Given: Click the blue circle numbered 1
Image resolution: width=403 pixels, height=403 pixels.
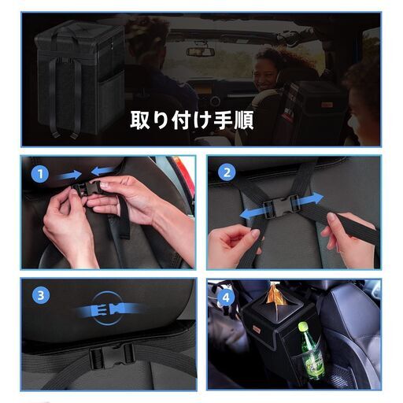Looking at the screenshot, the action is (x=40, y=174).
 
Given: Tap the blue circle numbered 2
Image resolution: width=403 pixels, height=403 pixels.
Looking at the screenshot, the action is (x=227, y=172).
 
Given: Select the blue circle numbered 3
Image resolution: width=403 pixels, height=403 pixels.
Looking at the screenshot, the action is (x=41, y=296).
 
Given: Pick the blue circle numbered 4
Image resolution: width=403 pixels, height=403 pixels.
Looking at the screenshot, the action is (x=226, y=298).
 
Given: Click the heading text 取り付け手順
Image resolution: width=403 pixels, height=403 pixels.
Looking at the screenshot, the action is (x=192, y=120).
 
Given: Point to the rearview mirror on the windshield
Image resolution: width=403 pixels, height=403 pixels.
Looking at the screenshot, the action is (x=200, y=52).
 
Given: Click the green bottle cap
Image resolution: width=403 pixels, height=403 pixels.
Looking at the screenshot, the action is (x=303, y=327).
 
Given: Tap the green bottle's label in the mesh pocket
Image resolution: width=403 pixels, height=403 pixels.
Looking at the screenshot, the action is (x=313, y=363).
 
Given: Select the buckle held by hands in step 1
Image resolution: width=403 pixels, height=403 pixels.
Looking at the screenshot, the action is (x=87, y=188).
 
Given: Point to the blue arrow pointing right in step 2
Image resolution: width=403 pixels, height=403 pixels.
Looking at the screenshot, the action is (x=309, y=200).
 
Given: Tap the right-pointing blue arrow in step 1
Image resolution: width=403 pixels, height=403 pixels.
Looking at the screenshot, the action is (x=69, y=175).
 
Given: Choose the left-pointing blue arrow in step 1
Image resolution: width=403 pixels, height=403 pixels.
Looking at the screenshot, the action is (x=102, y=171).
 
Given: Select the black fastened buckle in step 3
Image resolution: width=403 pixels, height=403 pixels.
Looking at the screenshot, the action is (x=112, y=355).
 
